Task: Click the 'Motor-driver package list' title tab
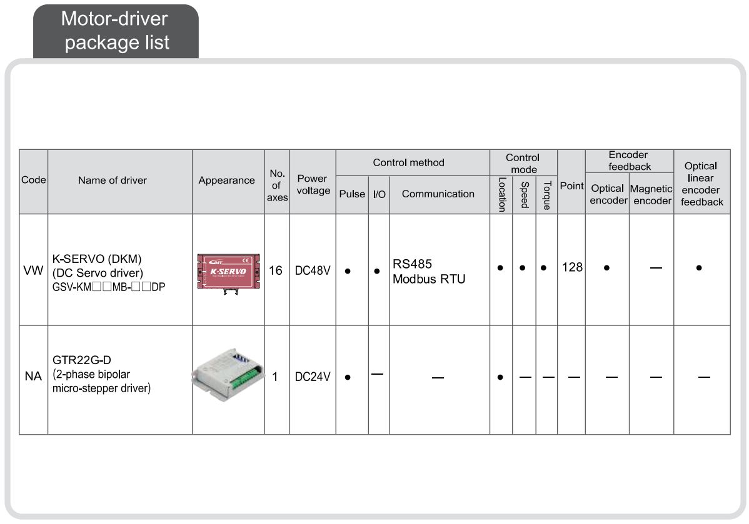point(116,31)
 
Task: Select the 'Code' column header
point(34,180)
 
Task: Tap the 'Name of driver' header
point(113,180)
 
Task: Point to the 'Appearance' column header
point(227,180)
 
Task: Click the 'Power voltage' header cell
point(313,184)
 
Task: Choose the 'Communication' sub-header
point(438,194)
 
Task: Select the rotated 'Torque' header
point(546,195)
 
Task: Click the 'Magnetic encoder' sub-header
point(651,194)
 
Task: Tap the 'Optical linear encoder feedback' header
point(701,184)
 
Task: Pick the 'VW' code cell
point(34,270)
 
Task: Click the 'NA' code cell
point(34,377)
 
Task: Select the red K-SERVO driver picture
point(228,272)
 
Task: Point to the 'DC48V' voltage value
point(313,271)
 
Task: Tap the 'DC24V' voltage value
point(313,377)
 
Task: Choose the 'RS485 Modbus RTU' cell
point(429,272)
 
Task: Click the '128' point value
point(571,267)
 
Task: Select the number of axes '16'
point(276,271)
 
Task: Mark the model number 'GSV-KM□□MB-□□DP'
point(109,287)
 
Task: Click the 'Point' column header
point(571,186)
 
